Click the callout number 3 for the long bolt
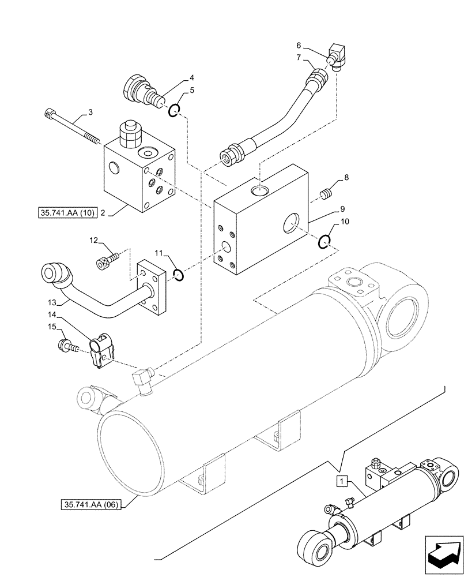90,111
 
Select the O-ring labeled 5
175,111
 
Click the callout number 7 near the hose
298,57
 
